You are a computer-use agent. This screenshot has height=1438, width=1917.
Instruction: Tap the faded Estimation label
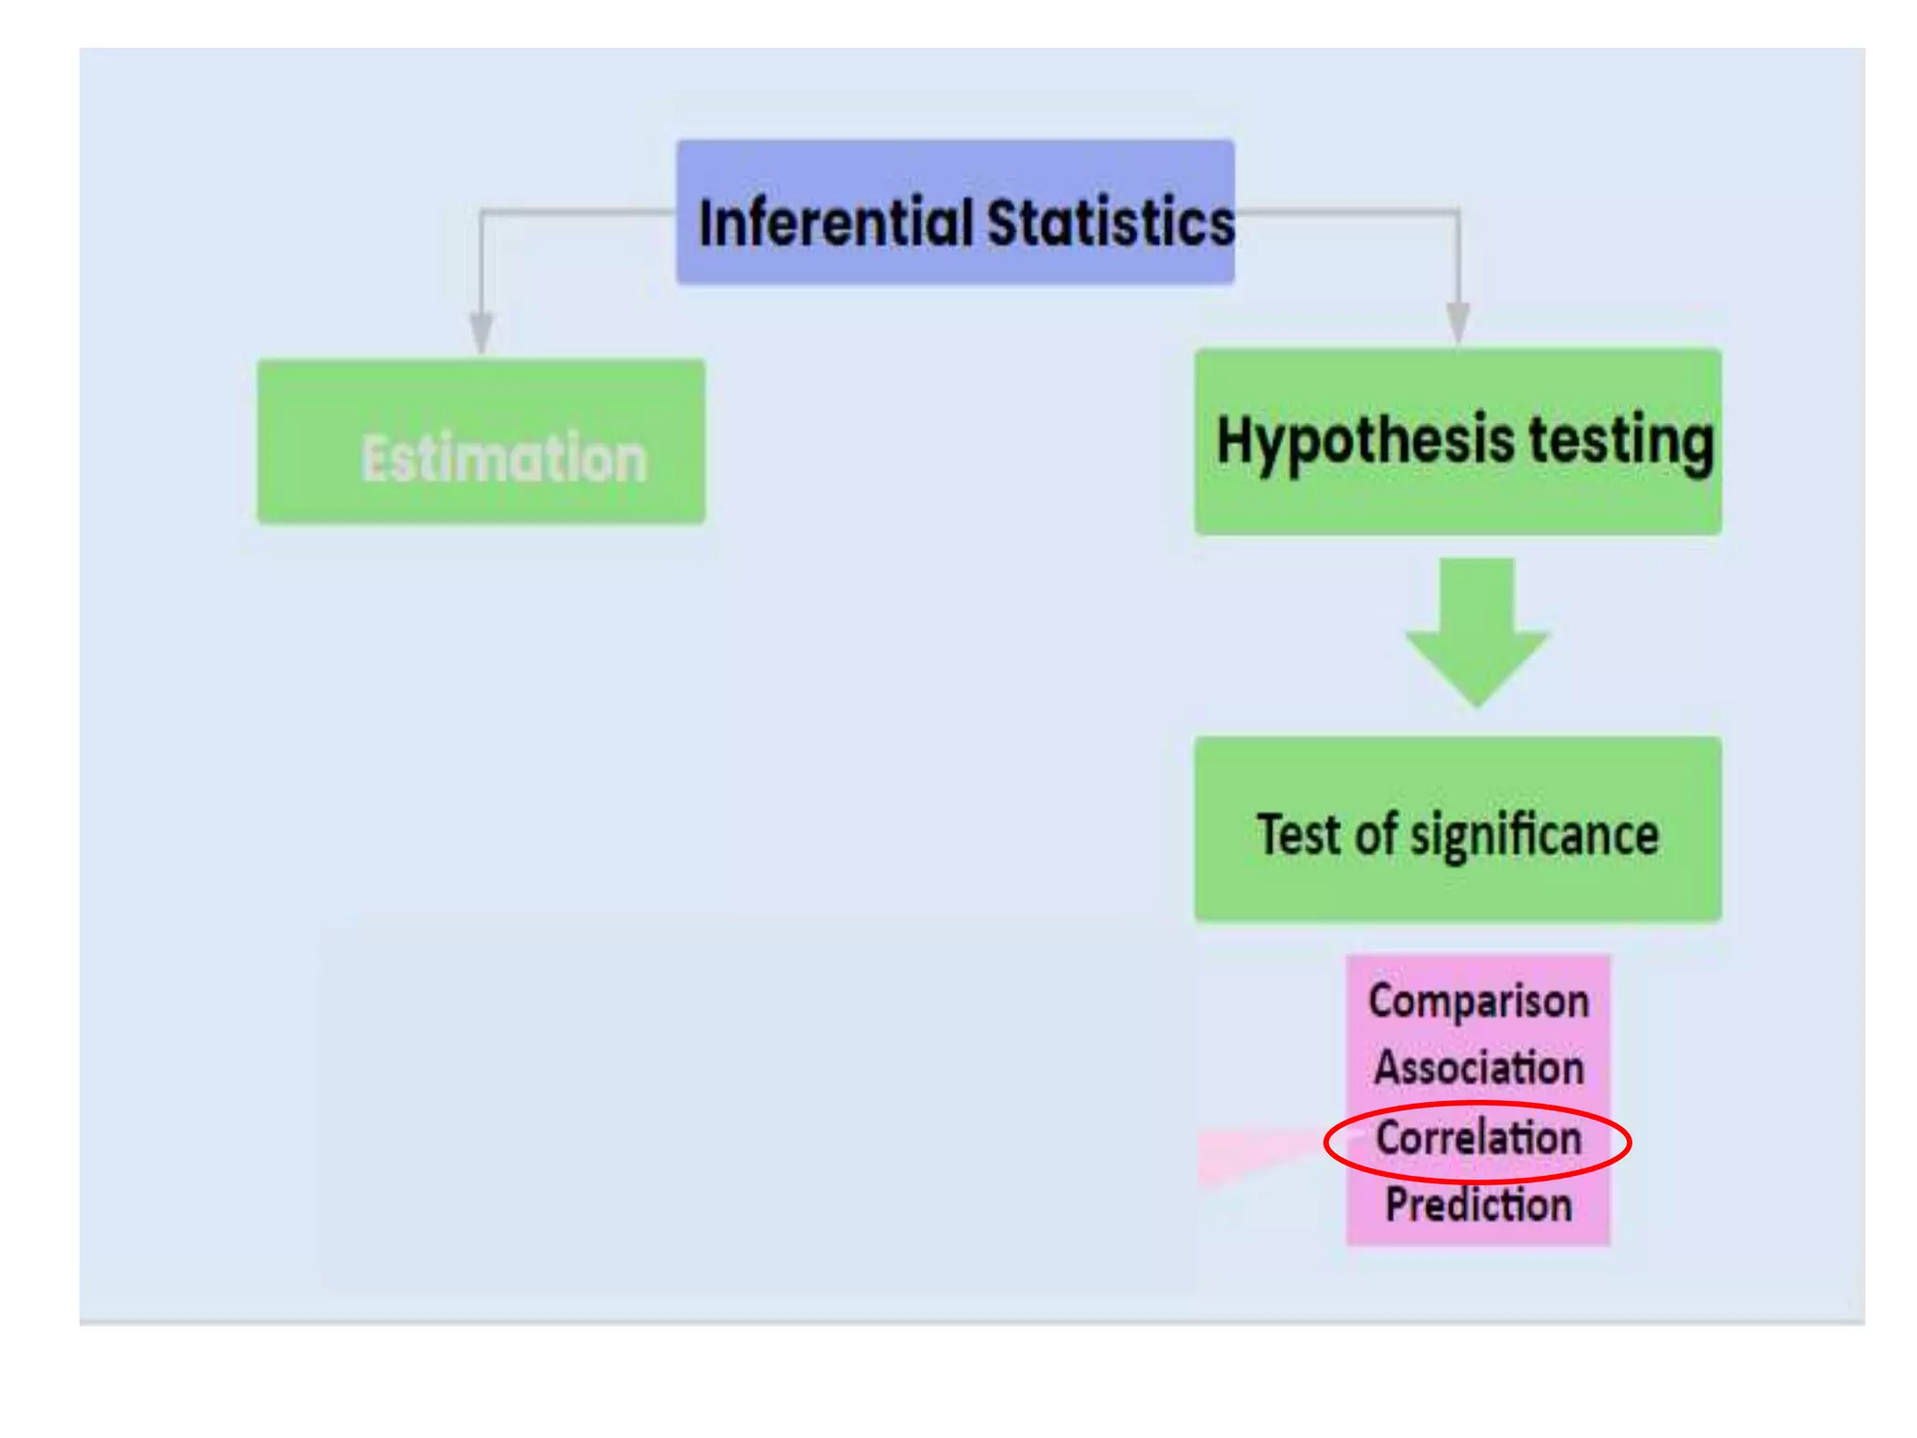[x=504, y=459]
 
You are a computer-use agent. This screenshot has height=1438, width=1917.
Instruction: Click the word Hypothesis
[x=1365, y=440]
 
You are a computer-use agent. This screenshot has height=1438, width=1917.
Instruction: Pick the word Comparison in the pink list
[x=1478, y=1001]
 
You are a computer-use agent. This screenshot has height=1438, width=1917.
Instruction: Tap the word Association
[x=1478, y=1067]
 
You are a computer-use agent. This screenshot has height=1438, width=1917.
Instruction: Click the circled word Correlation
[x=1478, y=1138]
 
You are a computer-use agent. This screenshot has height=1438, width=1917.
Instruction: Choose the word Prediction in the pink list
[x=1478, y=1204]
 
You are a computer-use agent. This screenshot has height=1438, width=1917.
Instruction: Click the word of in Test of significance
[x=1376, y=834]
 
